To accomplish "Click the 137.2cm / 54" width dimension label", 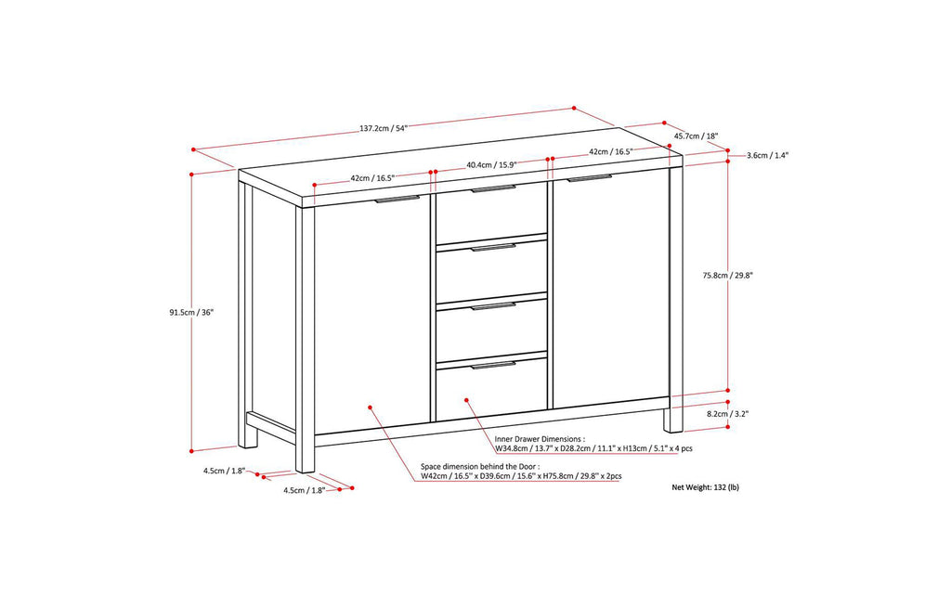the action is click(x=384, y=128).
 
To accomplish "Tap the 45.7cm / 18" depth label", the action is click(x=697, y=136).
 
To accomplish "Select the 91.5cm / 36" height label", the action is click(x=191, y=313).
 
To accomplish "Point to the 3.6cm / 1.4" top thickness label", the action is click(x=767, y=155).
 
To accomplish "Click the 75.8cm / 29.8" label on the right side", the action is click(x=728, y=275).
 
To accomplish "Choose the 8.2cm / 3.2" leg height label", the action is click(x=728, y=414).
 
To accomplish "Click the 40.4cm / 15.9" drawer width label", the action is click(x=491, y=164).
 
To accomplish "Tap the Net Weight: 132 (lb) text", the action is click(x=706, y=487).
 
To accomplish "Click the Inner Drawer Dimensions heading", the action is click(x=540, y=439).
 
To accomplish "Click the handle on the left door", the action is click(x=397, y=199).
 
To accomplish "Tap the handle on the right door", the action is click(x=590, y=177).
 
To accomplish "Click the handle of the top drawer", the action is click(x=494, y=189).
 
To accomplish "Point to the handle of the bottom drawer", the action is click(x=494, y=365).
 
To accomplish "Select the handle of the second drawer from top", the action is click(x=494, y=247).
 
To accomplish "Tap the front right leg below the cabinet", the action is click(x=672, y=420).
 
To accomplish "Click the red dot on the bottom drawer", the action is click(x=466, y=399).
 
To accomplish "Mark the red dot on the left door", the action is click(x=370, y=407).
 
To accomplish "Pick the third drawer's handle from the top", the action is click(x=494, y=306).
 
